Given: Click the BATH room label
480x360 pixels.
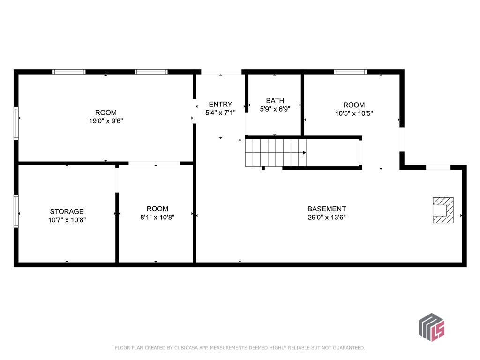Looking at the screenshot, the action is pyautogui.click(x=275, y=100).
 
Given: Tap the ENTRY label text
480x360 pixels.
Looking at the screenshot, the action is pyautogui.click(x=220, y=104).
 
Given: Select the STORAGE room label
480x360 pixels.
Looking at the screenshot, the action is pyautogui.click(x=67, y=211).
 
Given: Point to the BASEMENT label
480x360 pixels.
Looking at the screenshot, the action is pyautogui.click(x=327, y=209).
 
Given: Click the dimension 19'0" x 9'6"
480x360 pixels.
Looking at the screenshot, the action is pyautogui.click(x=106, y=121).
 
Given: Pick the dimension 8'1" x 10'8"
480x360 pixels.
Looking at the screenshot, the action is pyautogui.click(x=157, y=217).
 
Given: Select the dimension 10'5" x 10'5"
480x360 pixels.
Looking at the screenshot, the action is pyautogui.click(x=354, y=113).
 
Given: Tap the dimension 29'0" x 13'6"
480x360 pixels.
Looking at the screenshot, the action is pyautogui.click(x=327, y=217).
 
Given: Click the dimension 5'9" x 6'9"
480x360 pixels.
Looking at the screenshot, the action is pyautogui.click(x=275, y=109).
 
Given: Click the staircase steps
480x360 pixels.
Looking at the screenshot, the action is pyautogui.click(x=276, y=153).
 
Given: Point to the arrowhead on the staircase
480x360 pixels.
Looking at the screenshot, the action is pyautogui.click(x=304, y=153).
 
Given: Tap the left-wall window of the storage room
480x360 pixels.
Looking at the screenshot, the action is pyautogui.click(x=16, y=211).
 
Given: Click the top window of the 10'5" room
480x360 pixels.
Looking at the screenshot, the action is pyautogui.click(x=350, y=72).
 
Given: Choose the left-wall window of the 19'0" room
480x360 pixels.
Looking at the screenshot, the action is pyautogui.click(x=16, y=123).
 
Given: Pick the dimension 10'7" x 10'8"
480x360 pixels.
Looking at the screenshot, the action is pyautogui.click(x=67, y=220).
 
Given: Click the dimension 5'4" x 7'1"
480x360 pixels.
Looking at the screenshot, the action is pyautogui.click(x=220, y=112).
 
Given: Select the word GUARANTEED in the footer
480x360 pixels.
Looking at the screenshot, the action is pyautogui.click(x=349, y=348).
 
